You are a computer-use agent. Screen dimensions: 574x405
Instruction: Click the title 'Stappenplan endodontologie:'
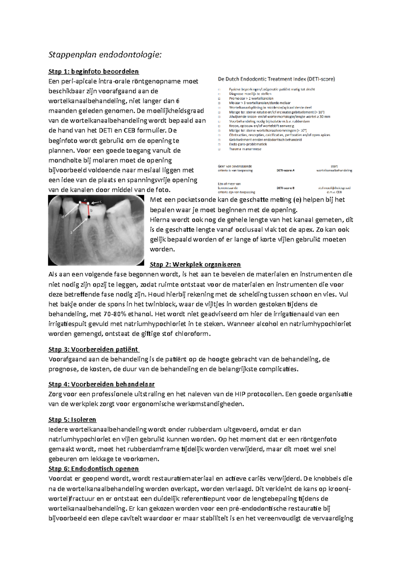tap(105, 54)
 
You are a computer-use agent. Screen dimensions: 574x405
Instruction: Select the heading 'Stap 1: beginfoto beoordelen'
tap(93, 71)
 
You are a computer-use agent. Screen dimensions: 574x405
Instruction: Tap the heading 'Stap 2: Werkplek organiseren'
tap(195, 264)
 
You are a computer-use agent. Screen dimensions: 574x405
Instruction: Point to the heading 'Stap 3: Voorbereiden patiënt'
tap(93, 349)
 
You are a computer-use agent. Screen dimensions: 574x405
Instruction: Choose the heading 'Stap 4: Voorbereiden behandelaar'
tap(102, 384)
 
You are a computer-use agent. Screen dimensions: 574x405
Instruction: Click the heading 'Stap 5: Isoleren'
tap(72, 420)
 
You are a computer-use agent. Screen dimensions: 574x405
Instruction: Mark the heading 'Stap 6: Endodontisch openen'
tap(93, 469)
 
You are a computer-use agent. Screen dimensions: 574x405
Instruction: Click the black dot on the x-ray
tap(89, 217)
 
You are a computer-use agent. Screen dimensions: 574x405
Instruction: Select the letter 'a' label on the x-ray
tap(72, 233)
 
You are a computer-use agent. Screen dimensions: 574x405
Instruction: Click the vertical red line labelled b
tap(88, 210)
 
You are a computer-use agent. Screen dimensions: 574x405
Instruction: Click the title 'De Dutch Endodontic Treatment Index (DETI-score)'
tap(276, 79)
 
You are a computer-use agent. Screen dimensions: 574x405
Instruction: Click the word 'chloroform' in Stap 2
tap(193, 334)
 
